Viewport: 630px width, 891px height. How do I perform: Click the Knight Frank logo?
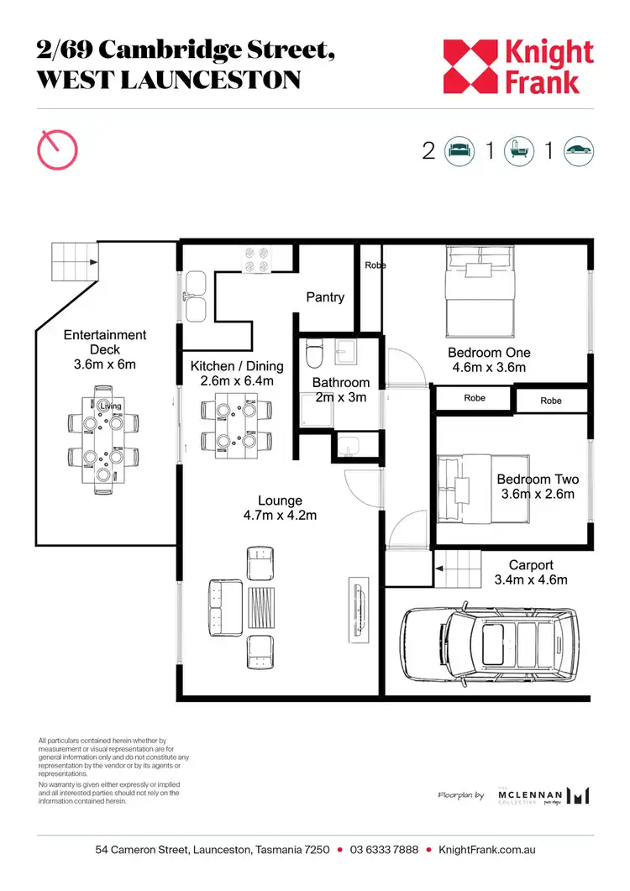[x=517, y=67]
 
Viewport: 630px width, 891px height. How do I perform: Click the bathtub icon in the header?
[x=519, y=151]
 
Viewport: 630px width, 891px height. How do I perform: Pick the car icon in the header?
[x=579, y=151]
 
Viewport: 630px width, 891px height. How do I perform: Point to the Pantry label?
[x=325, y=297]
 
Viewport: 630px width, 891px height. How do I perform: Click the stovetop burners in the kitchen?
[x=257, y=259]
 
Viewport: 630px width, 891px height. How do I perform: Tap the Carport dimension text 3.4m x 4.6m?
[x=532, y=579]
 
